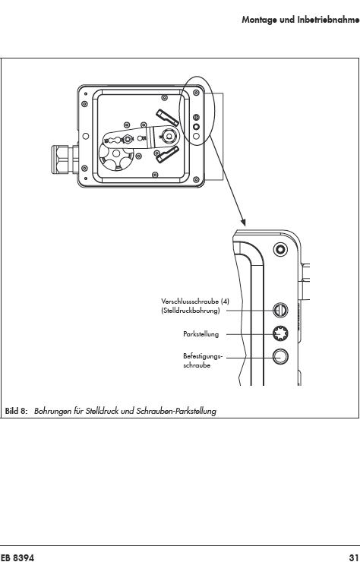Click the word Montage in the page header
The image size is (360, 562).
(x=259, y=20)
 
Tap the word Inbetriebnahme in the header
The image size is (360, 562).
(x=328, y=19)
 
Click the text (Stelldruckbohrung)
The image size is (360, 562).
(x=190, y=311)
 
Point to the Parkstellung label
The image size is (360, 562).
(x=201, y=334)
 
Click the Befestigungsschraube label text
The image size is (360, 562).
(x=203, y=361)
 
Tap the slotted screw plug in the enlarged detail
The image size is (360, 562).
(x=280, y=310)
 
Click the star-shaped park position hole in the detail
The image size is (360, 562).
(x=280, y=333)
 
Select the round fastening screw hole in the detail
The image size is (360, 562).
(x=280, y=357)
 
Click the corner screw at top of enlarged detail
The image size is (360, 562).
(x=280, y=249)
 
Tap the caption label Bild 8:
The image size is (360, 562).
(x=16, y=411)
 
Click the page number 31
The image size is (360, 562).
(x=353, y=557)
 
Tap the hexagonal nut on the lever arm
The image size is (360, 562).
(x=127, y=138)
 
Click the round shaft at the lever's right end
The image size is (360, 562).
(x=168, y=135)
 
